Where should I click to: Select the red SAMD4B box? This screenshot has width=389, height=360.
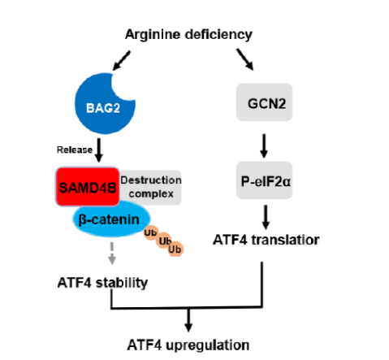(88, 187)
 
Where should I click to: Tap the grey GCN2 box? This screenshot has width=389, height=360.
(264, 102)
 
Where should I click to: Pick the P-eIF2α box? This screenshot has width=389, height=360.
(264, 180)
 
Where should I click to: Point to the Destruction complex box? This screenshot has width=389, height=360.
(151, 187)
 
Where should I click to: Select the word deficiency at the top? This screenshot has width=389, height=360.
(218, 35)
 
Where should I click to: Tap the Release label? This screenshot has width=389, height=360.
(75, 150)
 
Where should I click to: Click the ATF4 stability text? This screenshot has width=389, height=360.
(102, 283)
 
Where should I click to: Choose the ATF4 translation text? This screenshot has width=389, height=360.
(266, 240)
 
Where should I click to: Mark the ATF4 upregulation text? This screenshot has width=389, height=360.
(188, 345)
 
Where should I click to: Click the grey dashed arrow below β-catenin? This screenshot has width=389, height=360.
(112, 254)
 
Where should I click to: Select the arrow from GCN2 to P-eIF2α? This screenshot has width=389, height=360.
(264, 145)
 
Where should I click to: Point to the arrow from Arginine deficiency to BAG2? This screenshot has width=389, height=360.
(122, 60)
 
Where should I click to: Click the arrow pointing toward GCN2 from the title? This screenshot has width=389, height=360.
(245, 59)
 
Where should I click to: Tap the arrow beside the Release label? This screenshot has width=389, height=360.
(99, 150)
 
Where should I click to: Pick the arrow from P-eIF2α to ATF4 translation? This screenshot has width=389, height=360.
(266, 217)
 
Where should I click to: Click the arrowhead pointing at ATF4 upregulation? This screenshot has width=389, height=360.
(188, 327)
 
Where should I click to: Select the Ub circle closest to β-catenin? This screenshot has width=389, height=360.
(151, 232)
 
